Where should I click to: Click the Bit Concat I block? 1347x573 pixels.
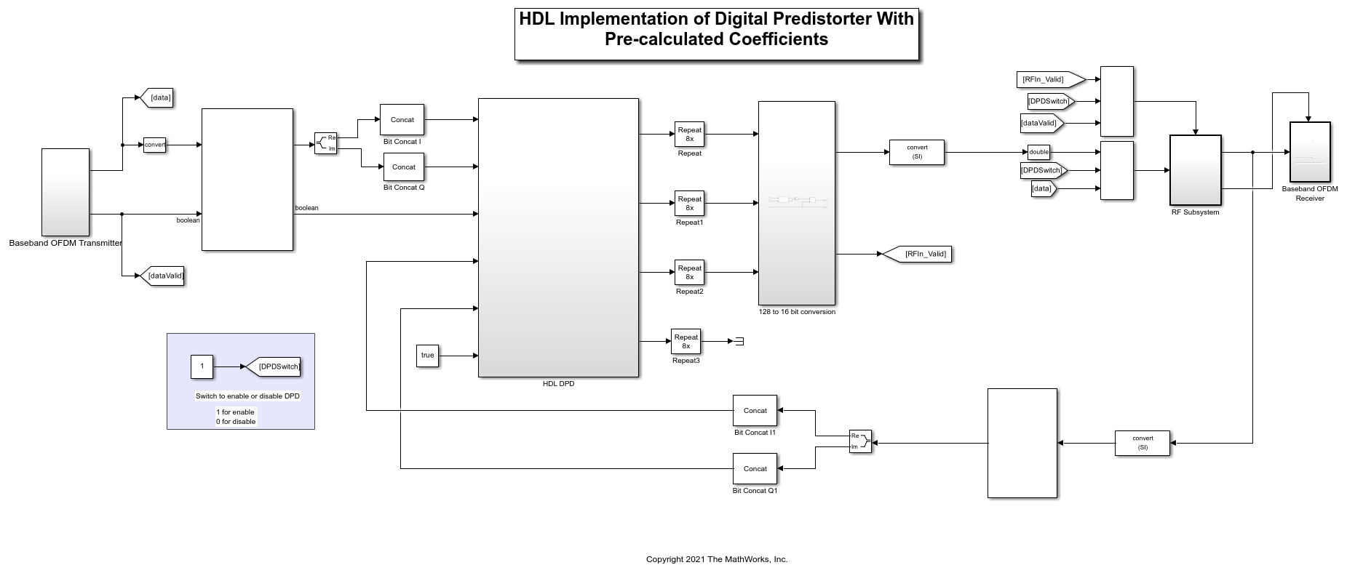tap(402, 120)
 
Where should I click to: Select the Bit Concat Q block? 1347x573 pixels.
tap(404, 167)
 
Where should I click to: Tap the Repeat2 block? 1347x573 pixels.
tap(689, 273)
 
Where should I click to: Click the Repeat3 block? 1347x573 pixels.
tap(686, 342)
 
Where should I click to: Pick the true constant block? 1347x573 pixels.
tap(427, 356)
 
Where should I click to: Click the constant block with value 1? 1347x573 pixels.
tap(202, 366)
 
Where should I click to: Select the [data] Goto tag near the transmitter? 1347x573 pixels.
tap(156, 97)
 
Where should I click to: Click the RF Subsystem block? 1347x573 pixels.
tap(1195, 170)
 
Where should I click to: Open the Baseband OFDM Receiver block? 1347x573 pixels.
tap(1310, 152)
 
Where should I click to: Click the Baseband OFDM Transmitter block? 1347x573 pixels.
tap(65, 192)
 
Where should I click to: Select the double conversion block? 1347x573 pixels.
tap(1038, 152)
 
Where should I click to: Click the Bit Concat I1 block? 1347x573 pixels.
tap(755, 411)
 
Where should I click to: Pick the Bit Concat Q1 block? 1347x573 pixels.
tap(755, 469)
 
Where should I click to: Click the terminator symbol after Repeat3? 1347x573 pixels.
tap(739, 341)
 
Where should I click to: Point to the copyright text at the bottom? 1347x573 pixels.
tap(717, 559)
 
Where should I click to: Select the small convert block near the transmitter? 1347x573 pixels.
tap(154, 145)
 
